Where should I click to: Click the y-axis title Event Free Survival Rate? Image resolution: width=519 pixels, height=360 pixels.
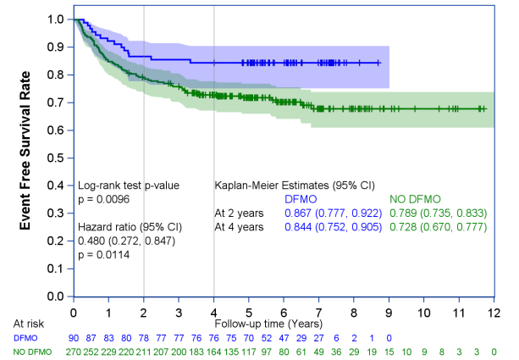(26, 158)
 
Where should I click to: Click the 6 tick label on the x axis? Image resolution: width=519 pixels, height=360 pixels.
(284, 310)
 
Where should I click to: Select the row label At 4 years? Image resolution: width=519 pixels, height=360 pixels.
(239, 227)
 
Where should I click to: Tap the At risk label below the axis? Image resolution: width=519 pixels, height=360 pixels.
(28, 324)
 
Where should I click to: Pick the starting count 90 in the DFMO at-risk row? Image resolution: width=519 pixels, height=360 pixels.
(75, 337)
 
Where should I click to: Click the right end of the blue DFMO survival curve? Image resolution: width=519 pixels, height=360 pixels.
(380, 63)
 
